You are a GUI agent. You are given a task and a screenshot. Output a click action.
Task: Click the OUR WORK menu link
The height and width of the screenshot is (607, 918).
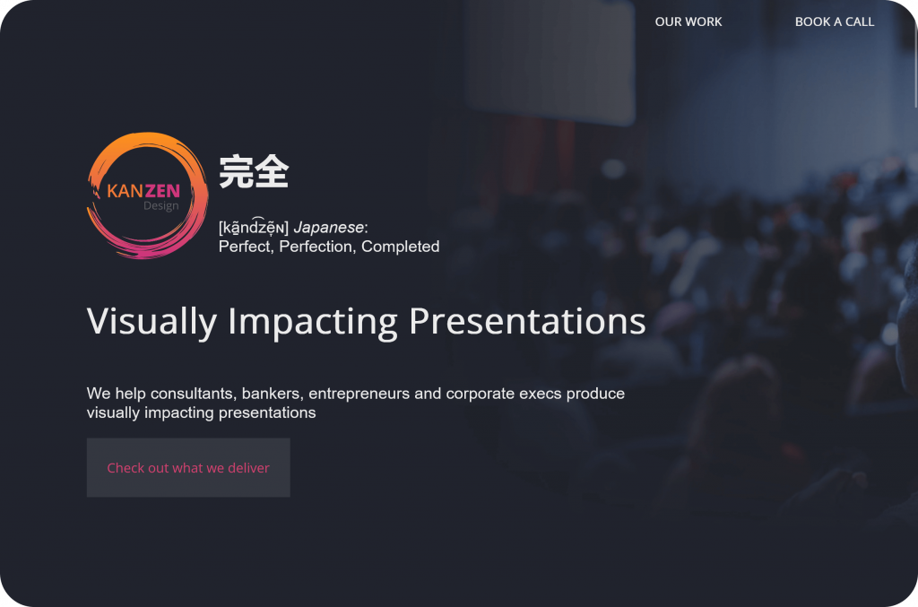[688, 22]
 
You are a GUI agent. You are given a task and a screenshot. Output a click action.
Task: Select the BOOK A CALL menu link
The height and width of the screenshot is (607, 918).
[834, 22]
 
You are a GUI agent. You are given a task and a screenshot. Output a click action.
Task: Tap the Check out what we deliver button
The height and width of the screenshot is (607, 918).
[188, 467]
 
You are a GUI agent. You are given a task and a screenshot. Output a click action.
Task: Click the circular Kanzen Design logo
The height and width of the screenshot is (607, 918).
[146, 195]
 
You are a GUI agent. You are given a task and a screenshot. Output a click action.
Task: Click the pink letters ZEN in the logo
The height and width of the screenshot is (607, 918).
[162, 190]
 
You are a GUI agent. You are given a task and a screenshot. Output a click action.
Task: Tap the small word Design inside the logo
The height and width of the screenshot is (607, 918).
[160, 206]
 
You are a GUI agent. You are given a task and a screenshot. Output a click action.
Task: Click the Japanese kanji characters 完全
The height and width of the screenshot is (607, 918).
[254, 171]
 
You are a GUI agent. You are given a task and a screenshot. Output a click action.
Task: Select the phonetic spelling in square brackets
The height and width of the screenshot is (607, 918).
[254, 228]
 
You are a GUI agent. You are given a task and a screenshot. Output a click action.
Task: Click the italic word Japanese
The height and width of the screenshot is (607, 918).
[328, 228]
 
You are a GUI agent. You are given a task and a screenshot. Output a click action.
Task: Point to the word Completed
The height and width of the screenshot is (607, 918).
[400, 247]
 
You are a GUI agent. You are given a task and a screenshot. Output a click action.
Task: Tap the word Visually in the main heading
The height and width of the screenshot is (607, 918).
[152, 321]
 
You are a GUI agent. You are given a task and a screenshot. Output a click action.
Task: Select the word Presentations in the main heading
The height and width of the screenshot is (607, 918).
[527, 321]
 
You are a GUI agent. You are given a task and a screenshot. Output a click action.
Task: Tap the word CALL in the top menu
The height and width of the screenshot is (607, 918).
[859, 22]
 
